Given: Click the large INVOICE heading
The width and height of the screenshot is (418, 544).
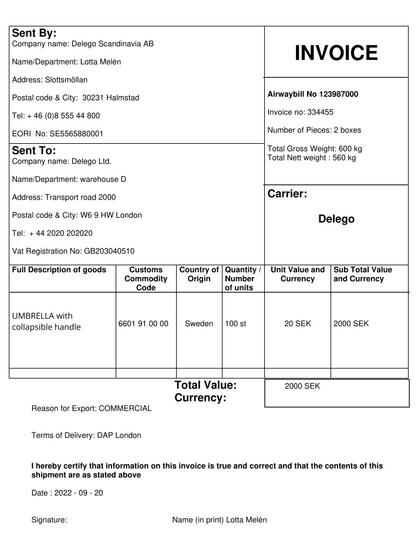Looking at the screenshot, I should pos(336,53).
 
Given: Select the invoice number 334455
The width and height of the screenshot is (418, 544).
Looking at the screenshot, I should pos(321,112).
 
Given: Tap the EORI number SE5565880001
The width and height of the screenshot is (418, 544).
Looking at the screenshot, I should pos(77,134).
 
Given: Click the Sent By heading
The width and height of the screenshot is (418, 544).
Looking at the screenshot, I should pos(34,33).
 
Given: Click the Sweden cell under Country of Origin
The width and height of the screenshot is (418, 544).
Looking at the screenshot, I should pos(199,323).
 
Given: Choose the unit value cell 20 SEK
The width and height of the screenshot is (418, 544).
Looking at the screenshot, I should pos(297,323).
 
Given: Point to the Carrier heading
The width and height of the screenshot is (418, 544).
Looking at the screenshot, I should pos(288,194).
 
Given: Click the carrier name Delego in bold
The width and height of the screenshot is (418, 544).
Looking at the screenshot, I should pos(336,219).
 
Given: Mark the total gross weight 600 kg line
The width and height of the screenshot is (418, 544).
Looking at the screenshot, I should pos(315,148).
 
